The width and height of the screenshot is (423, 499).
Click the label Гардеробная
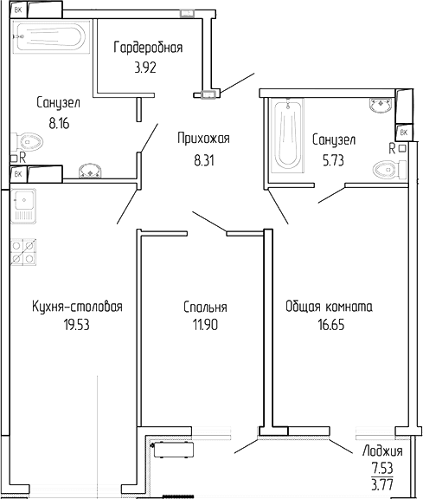(149, 48)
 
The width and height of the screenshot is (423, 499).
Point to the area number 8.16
(59, 123)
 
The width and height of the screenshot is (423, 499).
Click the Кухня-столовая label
(77, 307)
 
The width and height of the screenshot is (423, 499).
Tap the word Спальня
(205, 308)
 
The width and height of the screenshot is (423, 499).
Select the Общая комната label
(329, 307)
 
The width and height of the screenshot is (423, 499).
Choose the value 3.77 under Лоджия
(380, 485)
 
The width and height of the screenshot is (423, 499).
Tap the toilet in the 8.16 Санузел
(31, 140)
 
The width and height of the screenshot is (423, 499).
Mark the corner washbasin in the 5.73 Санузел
(381, 107)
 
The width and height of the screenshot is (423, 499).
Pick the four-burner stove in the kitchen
(24, 250)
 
